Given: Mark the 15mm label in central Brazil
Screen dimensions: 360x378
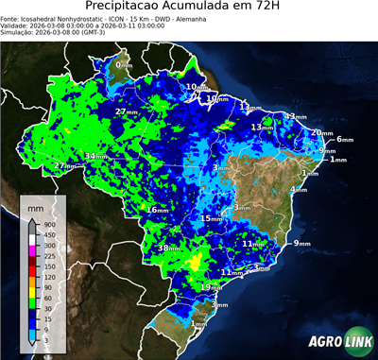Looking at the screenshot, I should click(x=212, y=218).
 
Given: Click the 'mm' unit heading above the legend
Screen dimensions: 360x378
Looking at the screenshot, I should click(x=36, y=205).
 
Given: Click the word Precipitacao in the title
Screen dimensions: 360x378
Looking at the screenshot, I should click(x=142, y=9).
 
